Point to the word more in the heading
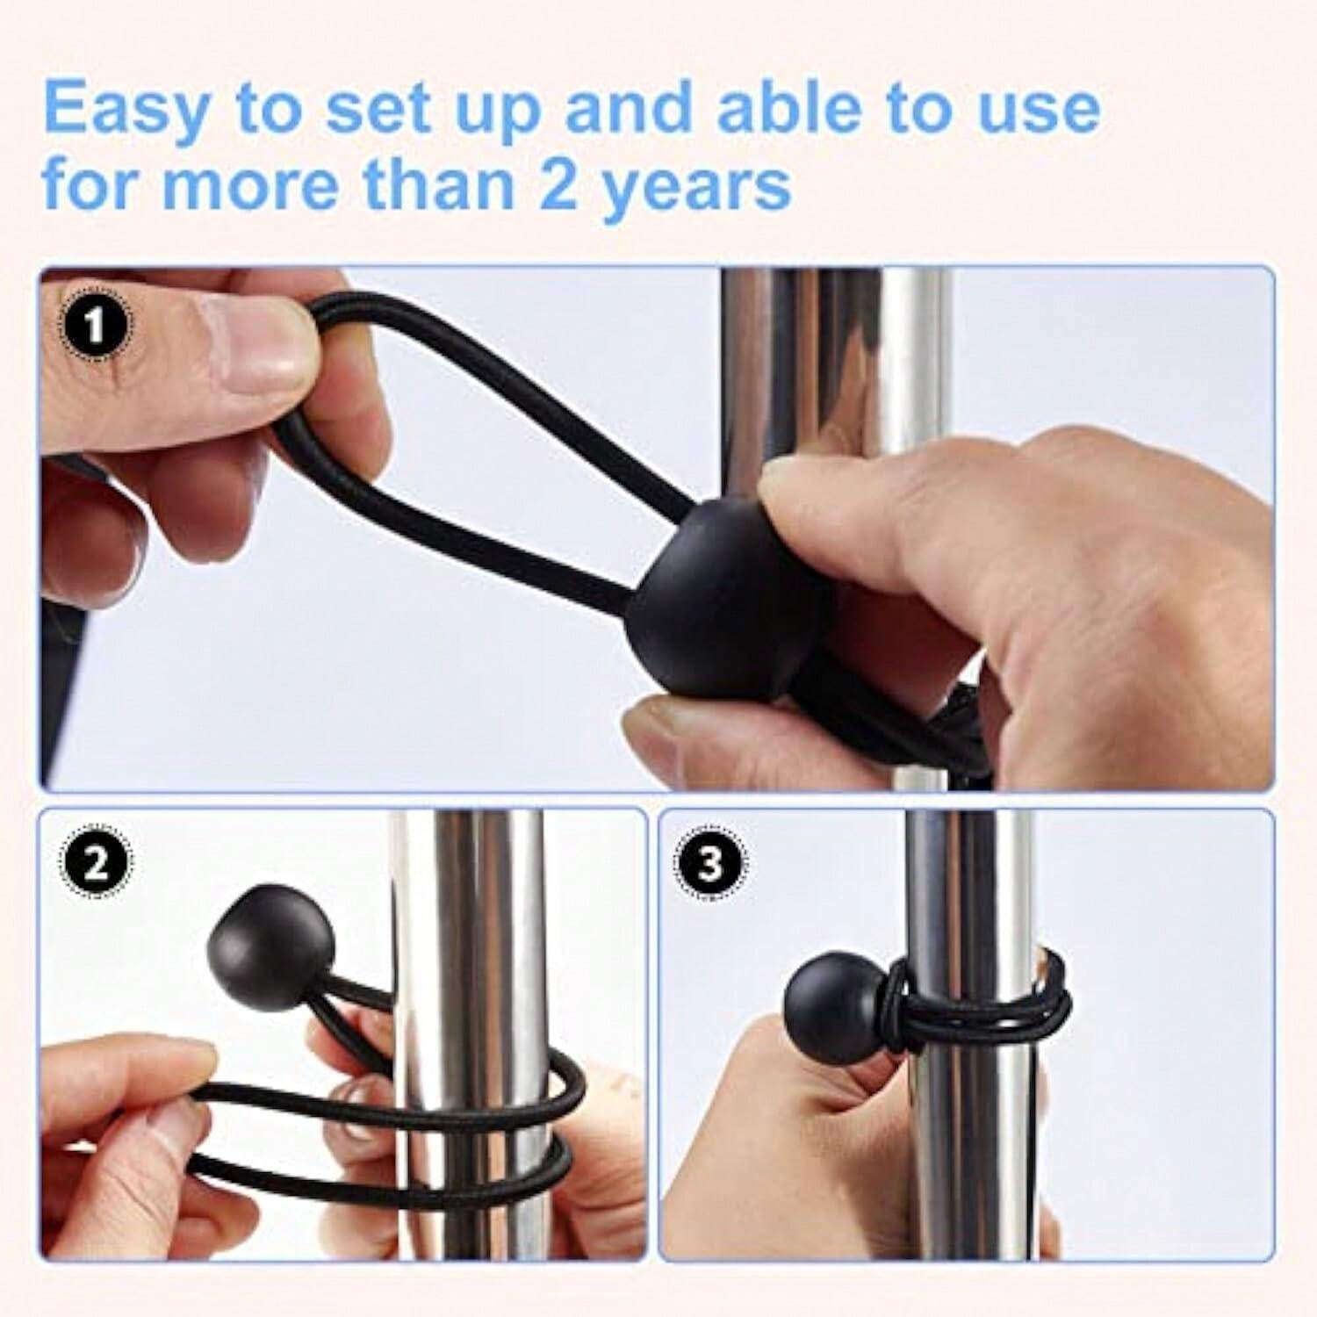pyautogui.click(x=241, y=188)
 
